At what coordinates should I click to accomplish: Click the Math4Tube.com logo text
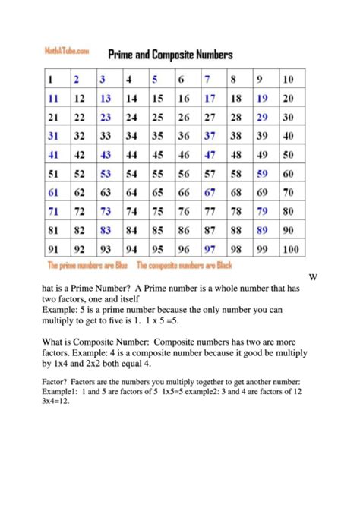(68, 51)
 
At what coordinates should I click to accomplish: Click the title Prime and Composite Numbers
(170, 55)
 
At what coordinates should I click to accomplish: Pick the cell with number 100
(289, 248)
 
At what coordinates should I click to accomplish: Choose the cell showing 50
(288, 155)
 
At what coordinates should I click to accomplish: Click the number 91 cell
(53, 248)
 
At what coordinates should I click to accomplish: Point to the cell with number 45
(158, 155)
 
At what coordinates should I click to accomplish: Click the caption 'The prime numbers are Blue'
(87, 266)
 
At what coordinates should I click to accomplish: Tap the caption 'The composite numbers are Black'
(185, 266)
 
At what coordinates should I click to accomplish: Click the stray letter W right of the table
(313, 277)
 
